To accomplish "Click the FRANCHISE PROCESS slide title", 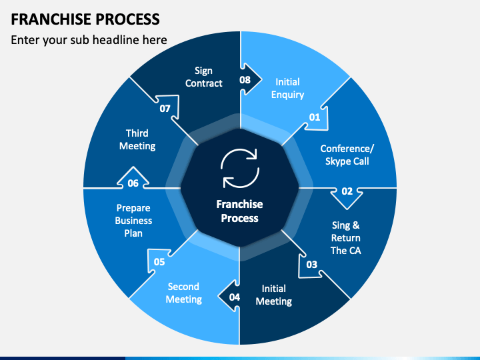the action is coord(85,19).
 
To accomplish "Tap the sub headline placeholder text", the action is coord(89,40).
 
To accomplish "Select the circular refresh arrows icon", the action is coord(240,168).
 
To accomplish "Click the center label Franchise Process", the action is coord(240,211).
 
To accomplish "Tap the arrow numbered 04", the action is coord(229,296).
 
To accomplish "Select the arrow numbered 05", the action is coord(160,261).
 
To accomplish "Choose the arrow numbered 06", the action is coord(133,179).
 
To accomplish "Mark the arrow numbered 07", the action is coord(167,107).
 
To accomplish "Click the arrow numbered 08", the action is coord(249,79).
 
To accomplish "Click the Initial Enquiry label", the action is coord(287,88).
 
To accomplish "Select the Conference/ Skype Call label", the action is coord(347,155).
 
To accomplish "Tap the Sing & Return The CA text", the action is coord(346,238).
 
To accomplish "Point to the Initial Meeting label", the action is coord(274,295).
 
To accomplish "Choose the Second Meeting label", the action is coord(184,293).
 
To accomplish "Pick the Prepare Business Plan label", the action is coord(133,221).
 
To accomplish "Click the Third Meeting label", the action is coord(137,139).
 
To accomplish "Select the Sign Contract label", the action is coord(204,77).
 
